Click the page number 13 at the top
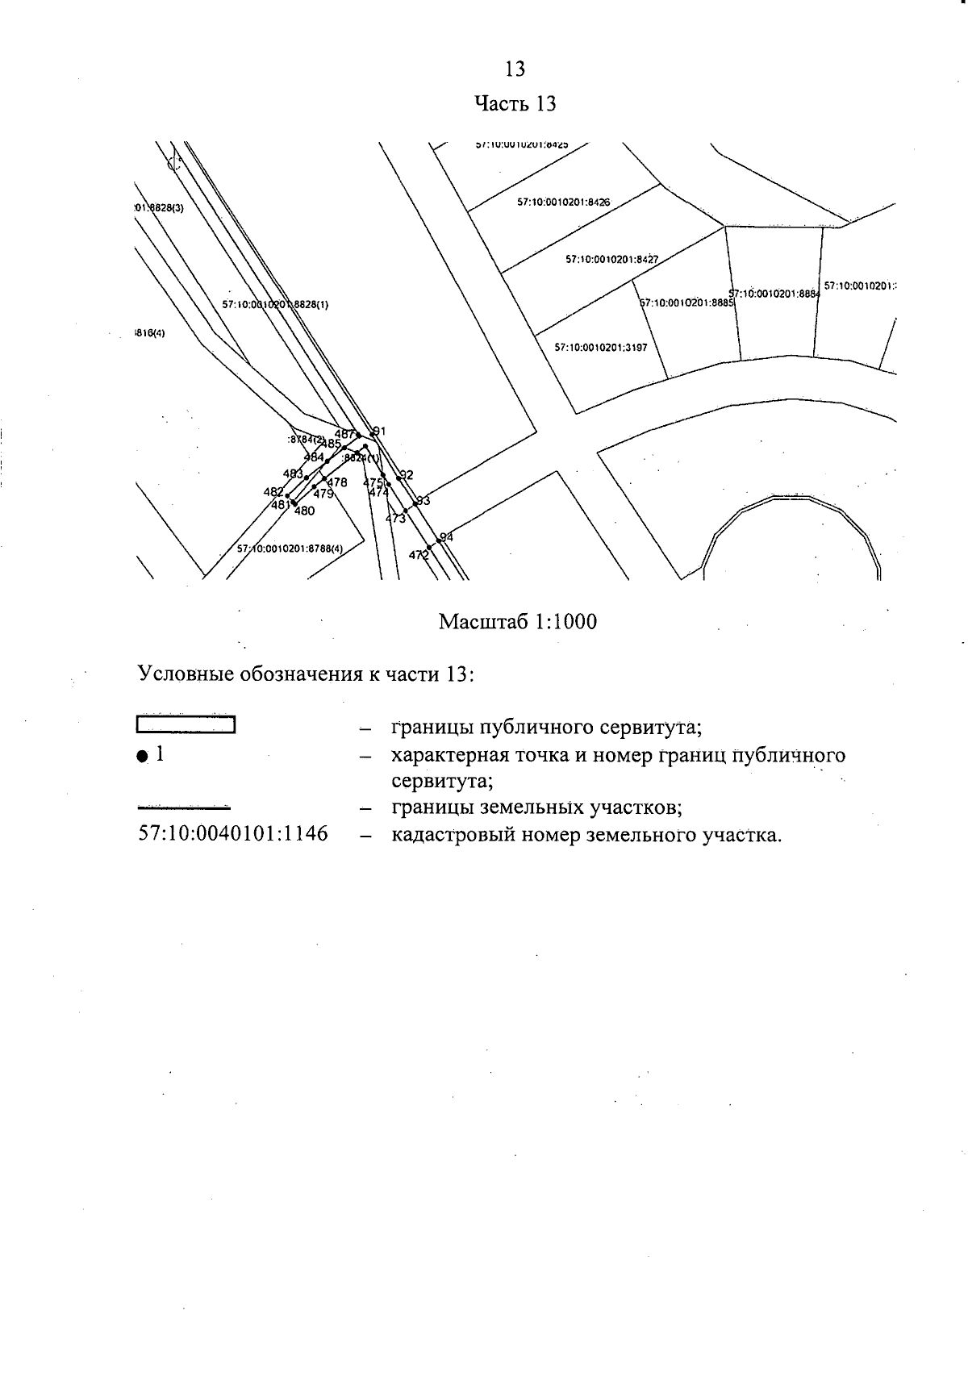pos(515,69)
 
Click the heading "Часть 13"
pos(515,104)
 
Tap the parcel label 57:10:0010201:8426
pos(564,202)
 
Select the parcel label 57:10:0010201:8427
pos(611,260)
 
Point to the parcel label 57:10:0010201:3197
pos(601,348)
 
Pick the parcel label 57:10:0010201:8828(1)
pos(275,305)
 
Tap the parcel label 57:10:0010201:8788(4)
pos(290,549)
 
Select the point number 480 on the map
pos(304,511)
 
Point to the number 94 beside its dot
pos(447,536)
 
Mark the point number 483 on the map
pos(292,474)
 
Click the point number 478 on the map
pos(337,482)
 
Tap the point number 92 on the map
pos(407,474)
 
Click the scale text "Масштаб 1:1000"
pos(518,622)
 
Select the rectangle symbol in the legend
pos(186,724)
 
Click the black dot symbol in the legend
pos(142,756)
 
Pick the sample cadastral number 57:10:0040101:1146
pos(233,833)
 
